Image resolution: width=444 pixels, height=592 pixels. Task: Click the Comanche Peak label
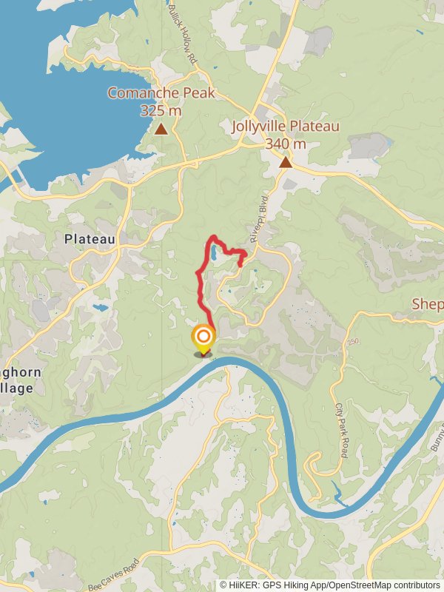tap(161, 93)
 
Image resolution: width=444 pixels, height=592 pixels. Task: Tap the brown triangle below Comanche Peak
tap(161, 129)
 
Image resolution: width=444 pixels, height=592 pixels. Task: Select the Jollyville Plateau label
tap(285, 127)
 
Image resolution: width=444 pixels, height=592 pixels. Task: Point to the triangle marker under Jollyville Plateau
tap(286, 162)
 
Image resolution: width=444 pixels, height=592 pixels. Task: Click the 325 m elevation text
tap(161, 110)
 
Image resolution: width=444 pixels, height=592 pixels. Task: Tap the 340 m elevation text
tap(285, 144)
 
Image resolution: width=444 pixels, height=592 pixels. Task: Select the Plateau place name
tap(90, 239)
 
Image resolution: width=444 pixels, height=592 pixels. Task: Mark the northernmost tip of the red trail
tap(214, 236)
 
